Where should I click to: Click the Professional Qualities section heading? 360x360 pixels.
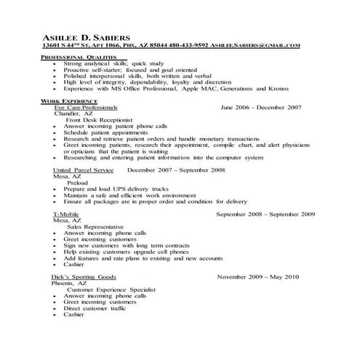(79, 57)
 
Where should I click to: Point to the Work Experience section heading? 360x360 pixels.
(71, 100)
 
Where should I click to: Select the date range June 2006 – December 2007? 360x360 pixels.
(260, 106)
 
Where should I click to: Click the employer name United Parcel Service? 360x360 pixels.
(83, 169)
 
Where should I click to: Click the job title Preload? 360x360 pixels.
(78, 183)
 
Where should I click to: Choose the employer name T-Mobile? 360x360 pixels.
(66, 215)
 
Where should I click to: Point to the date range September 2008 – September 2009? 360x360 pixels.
(265, 215)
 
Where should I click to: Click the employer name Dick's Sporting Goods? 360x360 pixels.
(84, 278)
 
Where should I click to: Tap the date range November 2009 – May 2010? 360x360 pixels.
(257, 278)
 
